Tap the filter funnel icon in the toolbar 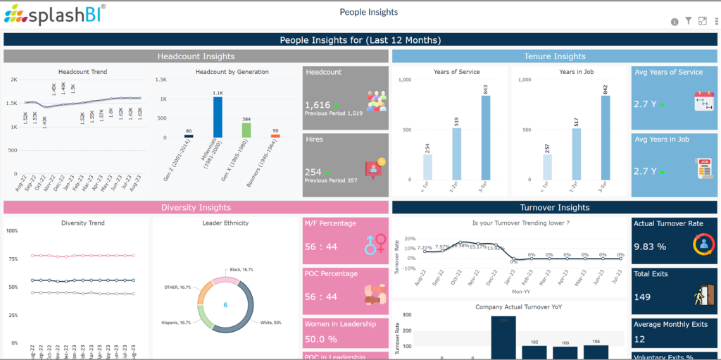tap(689, 22)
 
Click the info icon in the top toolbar tap(675, 22)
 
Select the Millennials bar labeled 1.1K tap(218, 117)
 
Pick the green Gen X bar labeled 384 tap(246, 130)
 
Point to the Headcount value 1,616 tap(318, 105)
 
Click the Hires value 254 tap(313, 172)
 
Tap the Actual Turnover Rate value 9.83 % tap(650, 247)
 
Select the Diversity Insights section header tap(196, 207)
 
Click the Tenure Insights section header tap(555, 56)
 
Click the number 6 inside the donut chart tap(225, 305)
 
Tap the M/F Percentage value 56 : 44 tap(320, 247)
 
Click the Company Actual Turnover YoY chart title tap(509, 307)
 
